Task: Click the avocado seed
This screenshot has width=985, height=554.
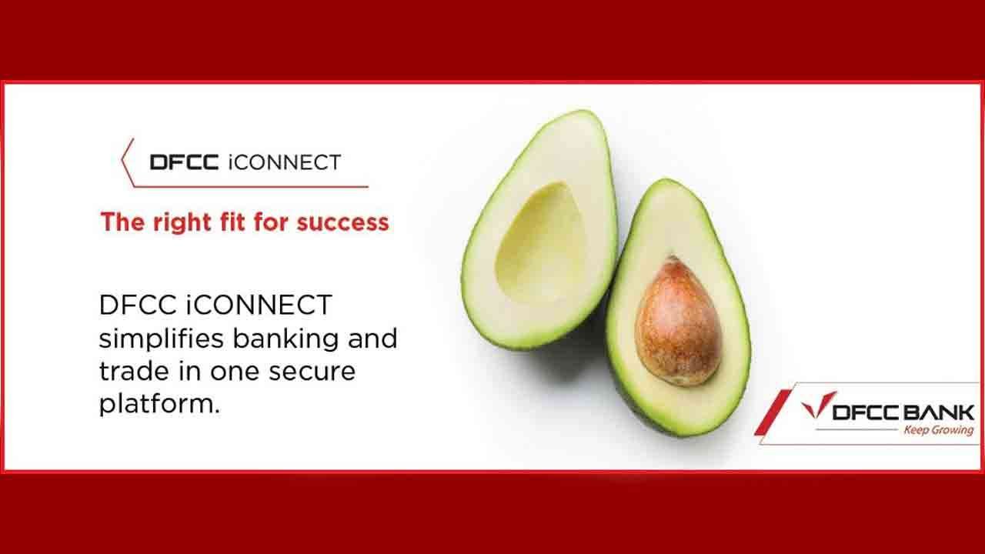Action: (678, 322)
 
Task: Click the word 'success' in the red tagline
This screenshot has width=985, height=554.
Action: (343, 222)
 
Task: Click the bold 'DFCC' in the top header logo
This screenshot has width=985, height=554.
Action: (184, 162)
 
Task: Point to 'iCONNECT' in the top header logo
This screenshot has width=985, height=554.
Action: (285, 162)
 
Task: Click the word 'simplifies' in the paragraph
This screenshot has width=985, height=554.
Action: (162, 339)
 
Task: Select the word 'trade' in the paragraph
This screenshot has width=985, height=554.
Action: (134, 371)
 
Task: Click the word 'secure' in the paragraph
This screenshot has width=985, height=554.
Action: (312, 372)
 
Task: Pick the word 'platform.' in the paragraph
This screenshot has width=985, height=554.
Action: (159, 405)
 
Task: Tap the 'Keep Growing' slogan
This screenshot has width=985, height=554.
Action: (938, 429)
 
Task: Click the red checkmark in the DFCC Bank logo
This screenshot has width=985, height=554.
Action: (818, 405)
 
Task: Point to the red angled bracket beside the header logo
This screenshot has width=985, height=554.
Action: (128, 161)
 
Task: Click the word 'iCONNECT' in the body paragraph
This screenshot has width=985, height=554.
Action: (259, 305)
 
